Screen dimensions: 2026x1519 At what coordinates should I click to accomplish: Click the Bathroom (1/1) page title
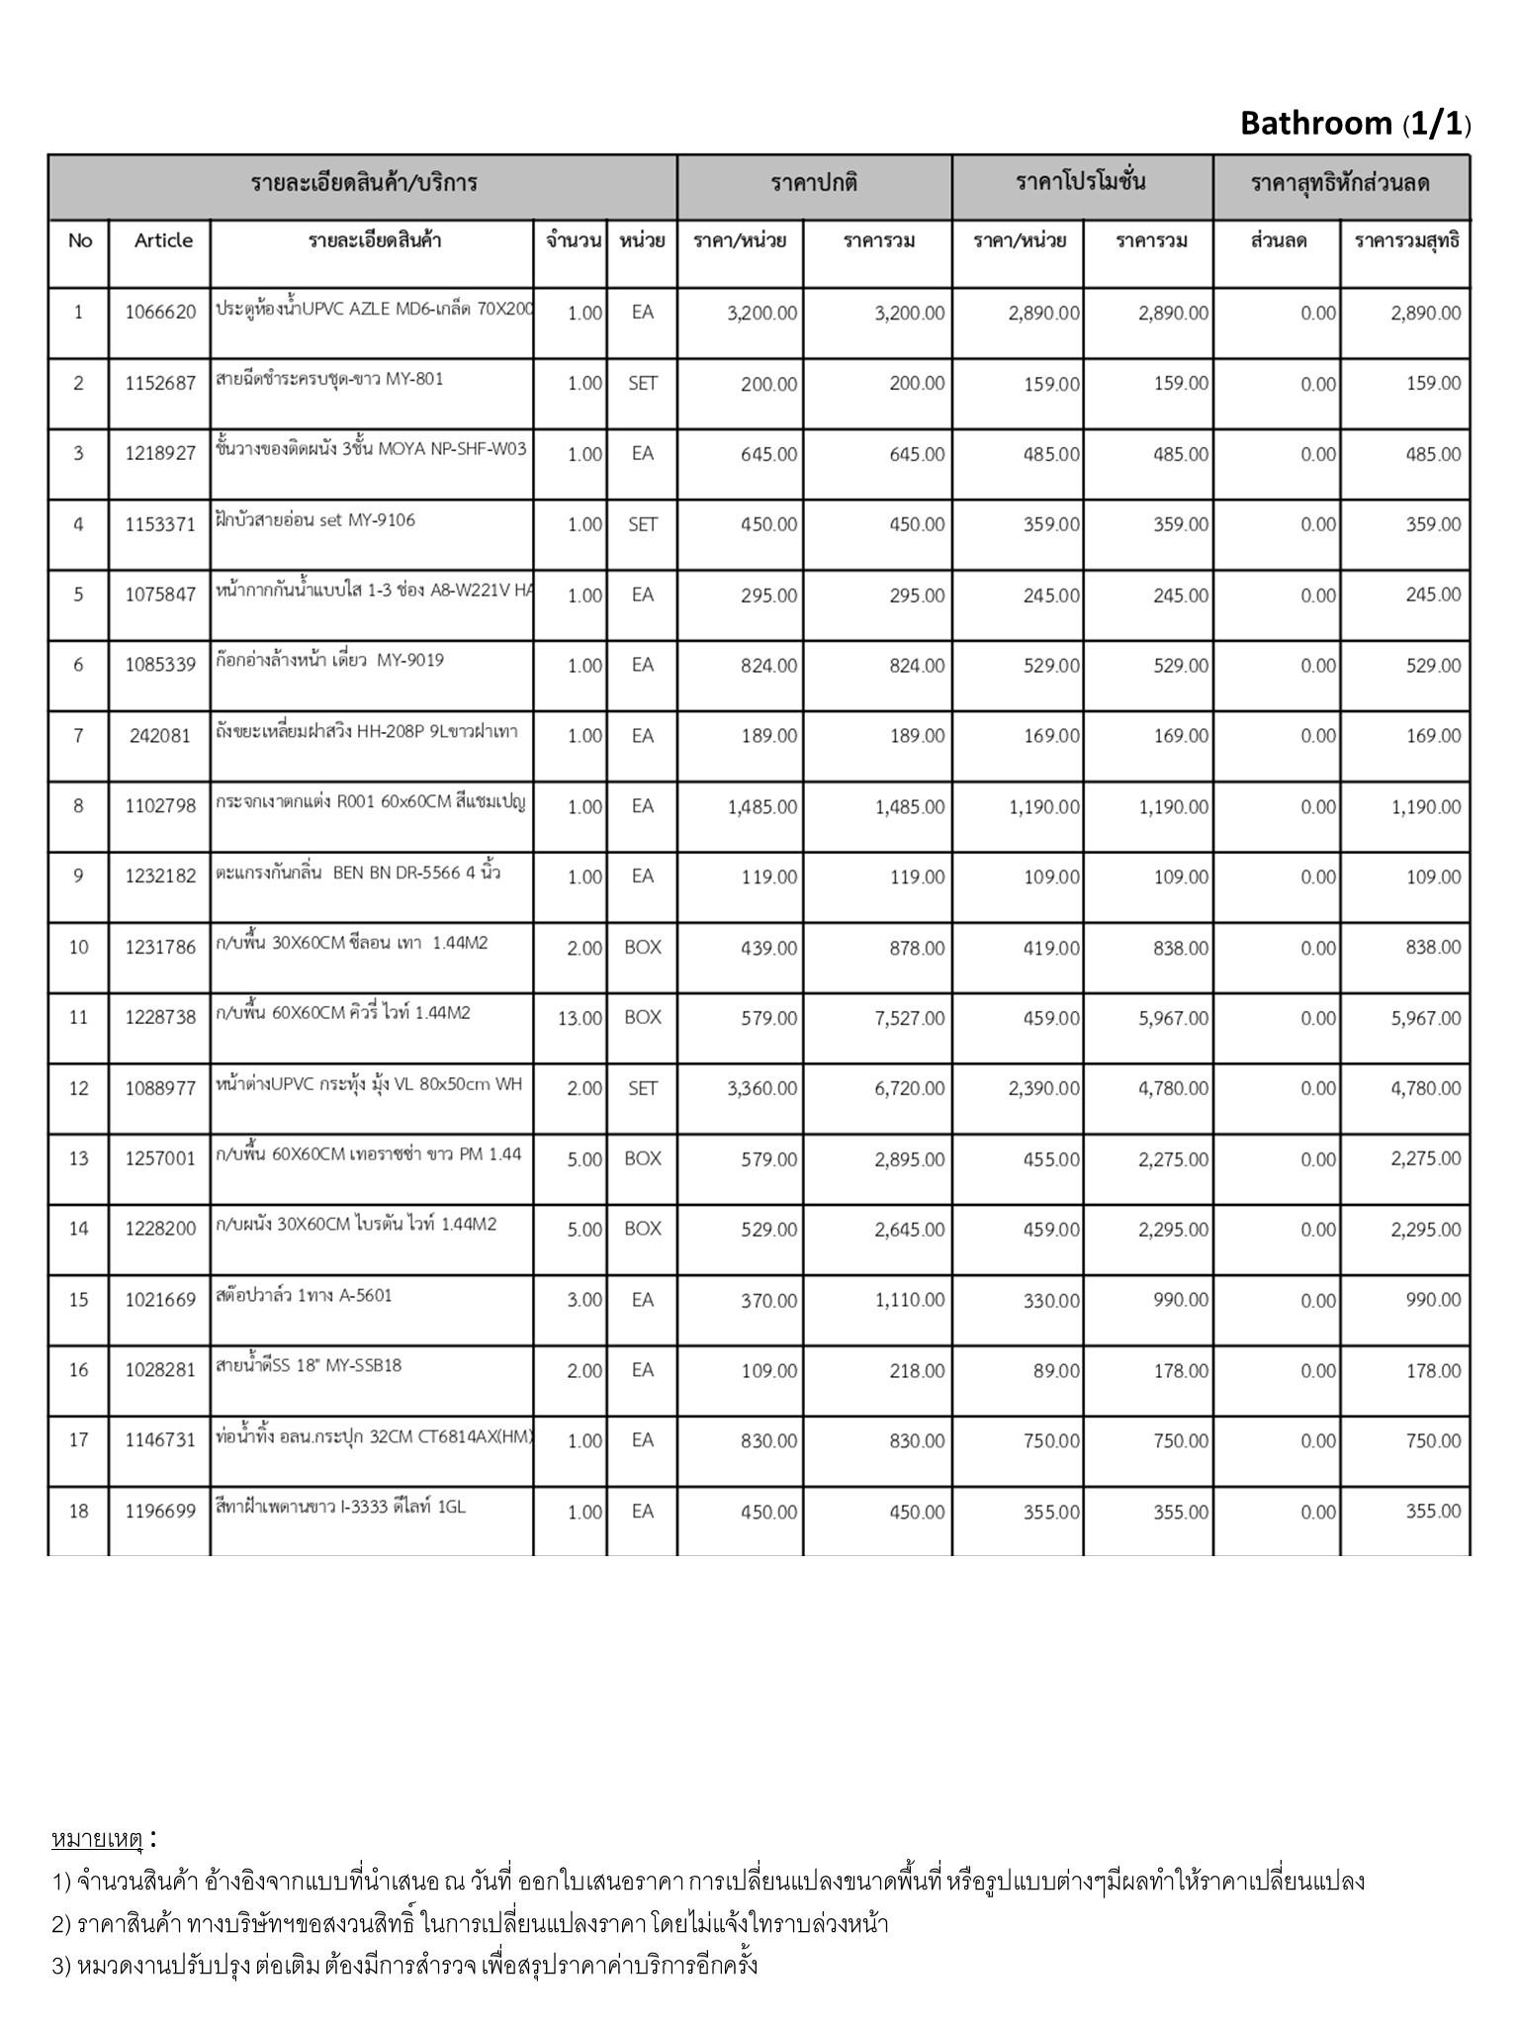(x=1354, y=124)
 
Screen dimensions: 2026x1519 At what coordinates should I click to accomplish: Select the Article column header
(x=163, y=240)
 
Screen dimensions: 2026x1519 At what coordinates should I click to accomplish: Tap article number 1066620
(x=160, y=313)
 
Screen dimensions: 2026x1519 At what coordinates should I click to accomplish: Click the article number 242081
(x=160, y=736)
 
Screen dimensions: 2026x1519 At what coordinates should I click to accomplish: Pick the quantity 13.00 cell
(x=580, y=1018)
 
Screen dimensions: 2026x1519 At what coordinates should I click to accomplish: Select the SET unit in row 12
(x=642, y=1088)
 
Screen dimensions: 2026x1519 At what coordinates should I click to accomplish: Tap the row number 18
(x=79, y=1511)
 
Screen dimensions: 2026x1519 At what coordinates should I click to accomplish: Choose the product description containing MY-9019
(x=330, y=661)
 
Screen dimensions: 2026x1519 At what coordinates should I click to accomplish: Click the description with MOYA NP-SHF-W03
(x=371, y=449)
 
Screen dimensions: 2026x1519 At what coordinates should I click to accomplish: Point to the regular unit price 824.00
(x=768, y=666)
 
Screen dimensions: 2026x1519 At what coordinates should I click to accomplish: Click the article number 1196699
(x=160, y=1512)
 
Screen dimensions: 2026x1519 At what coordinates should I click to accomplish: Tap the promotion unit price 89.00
(x=1055, y=1370)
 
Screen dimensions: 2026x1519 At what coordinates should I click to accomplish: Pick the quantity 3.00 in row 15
(x=584, y=1300)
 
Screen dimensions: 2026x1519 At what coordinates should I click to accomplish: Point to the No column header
(x=80, y=240)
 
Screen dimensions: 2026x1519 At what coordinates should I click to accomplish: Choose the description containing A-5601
(x=304, y=1295)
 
